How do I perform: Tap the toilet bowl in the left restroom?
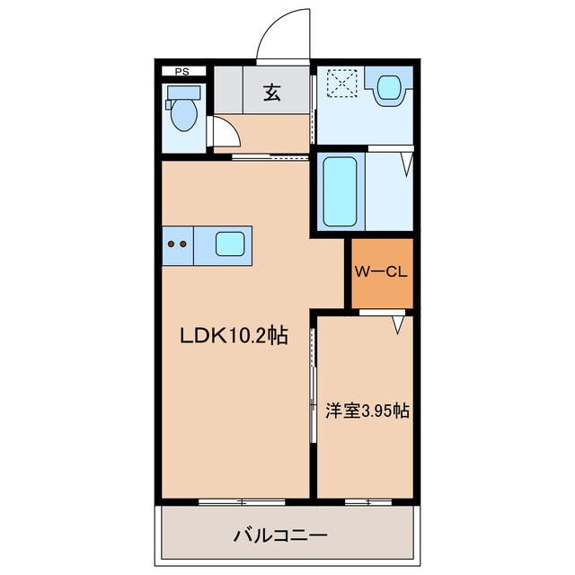point(184,116)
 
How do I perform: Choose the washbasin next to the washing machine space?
point(389,87)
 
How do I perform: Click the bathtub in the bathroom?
point(340,191)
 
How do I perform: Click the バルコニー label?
point(281,535)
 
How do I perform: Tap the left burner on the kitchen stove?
point(172,243)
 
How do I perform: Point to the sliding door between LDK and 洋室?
point(313,385)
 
